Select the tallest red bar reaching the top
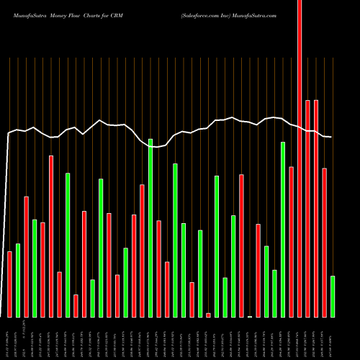300,158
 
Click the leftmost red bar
9,284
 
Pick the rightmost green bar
333,297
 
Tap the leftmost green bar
18,281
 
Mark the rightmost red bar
324,243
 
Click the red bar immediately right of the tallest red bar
307,209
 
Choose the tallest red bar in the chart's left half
51,236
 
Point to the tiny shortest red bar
208,315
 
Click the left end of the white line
8,134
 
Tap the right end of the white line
331,137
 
